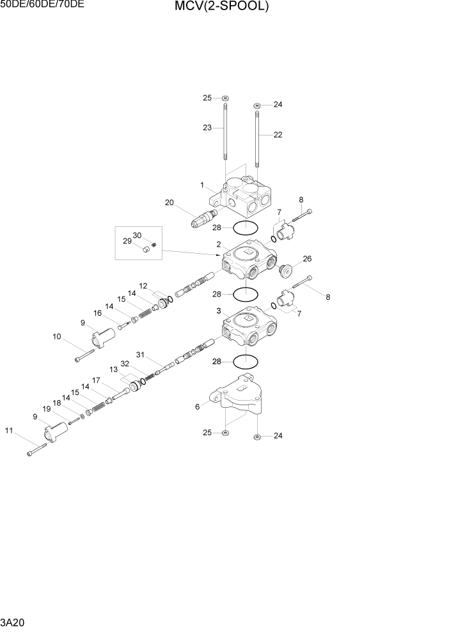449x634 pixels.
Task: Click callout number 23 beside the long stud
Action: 207,128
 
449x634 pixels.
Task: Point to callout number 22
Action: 278,135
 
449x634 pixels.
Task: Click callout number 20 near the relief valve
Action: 169,203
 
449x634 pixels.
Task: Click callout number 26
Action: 307,259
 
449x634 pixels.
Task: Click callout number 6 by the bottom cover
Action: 197,406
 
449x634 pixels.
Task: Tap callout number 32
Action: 125,364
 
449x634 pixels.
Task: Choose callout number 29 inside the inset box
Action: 127,242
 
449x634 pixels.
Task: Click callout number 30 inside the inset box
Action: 138,235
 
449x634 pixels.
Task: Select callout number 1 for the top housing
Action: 201,185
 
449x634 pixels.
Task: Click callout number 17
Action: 95,380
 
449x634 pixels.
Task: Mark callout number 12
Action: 143,286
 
